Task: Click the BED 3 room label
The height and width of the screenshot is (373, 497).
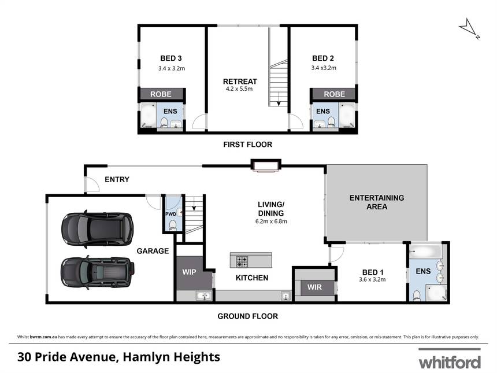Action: point(171,58)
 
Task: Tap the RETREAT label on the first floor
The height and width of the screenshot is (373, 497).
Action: point(240,82)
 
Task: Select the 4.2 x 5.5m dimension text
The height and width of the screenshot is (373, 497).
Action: point(239,89)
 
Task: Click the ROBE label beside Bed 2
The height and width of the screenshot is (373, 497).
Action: point(335,94)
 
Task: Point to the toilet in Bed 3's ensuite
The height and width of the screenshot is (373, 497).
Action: point(164,122)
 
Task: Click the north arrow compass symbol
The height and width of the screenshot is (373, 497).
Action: point(469,28)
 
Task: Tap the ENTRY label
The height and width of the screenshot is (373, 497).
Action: point(117,179)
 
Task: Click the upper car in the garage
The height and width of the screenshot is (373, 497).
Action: point(97,228)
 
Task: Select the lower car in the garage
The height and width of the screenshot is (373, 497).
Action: point(97,273)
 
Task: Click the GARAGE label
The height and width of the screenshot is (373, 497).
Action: point(153,251)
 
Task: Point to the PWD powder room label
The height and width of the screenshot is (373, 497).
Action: point(170,214)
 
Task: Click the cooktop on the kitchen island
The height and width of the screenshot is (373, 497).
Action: point(242,261)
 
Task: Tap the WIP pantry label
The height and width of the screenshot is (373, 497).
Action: point(189,272)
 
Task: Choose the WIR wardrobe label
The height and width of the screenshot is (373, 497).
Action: point(314,287)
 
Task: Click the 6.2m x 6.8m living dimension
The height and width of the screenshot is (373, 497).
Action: point(271,221)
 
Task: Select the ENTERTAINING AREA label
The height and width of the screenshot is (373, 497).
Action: point(377,202)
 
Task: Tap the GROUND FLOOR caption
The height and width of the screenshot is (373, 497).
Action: point(247,316)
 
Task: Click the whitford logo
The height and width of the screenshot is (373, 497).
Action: point(450,359)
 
